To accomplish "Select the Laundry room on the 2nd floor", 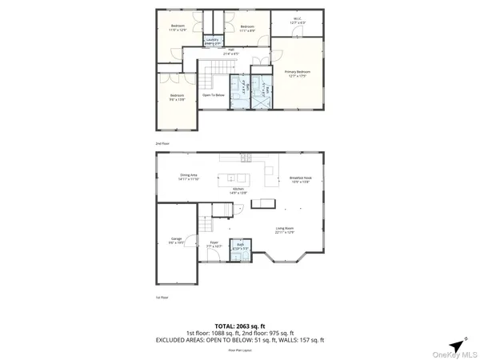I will click(212, 41).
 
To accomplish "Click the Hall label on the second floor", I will click(231, 52).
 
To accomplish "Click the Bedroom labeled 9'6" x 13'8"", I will click(177, 98).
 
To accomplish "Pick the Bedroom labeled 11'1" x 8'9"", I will click(246, 29).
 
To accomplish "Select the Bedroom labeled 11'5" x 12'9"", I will click(178, 29).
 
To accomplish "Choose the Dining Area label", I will click(188, 178).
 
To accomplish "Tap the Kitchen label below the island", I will click(238, 191).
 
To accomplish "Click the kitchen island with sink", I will click(242, 177).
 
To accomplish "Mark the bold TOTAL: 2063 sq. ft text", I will click(239, 325).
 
